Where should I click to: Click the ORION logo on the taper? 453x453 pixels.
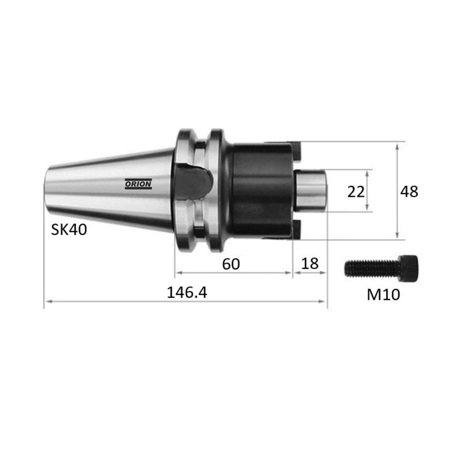click(138, 184)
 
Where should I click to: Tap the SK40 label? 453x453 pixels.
click(69, 230)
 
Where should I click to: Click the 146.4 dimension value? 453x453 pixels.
click(187, 293)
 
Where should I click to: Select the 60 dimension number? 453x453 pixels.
click(231, 264)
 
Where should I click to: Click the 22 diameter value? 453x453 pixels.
click(356, 192)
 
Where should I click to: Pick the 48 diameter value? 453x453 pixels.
click(409, 192)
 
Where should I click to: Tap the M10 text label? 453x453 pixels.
click(384, 295)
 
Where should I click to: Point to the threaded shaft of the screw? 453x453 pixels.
click(372, 268)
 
